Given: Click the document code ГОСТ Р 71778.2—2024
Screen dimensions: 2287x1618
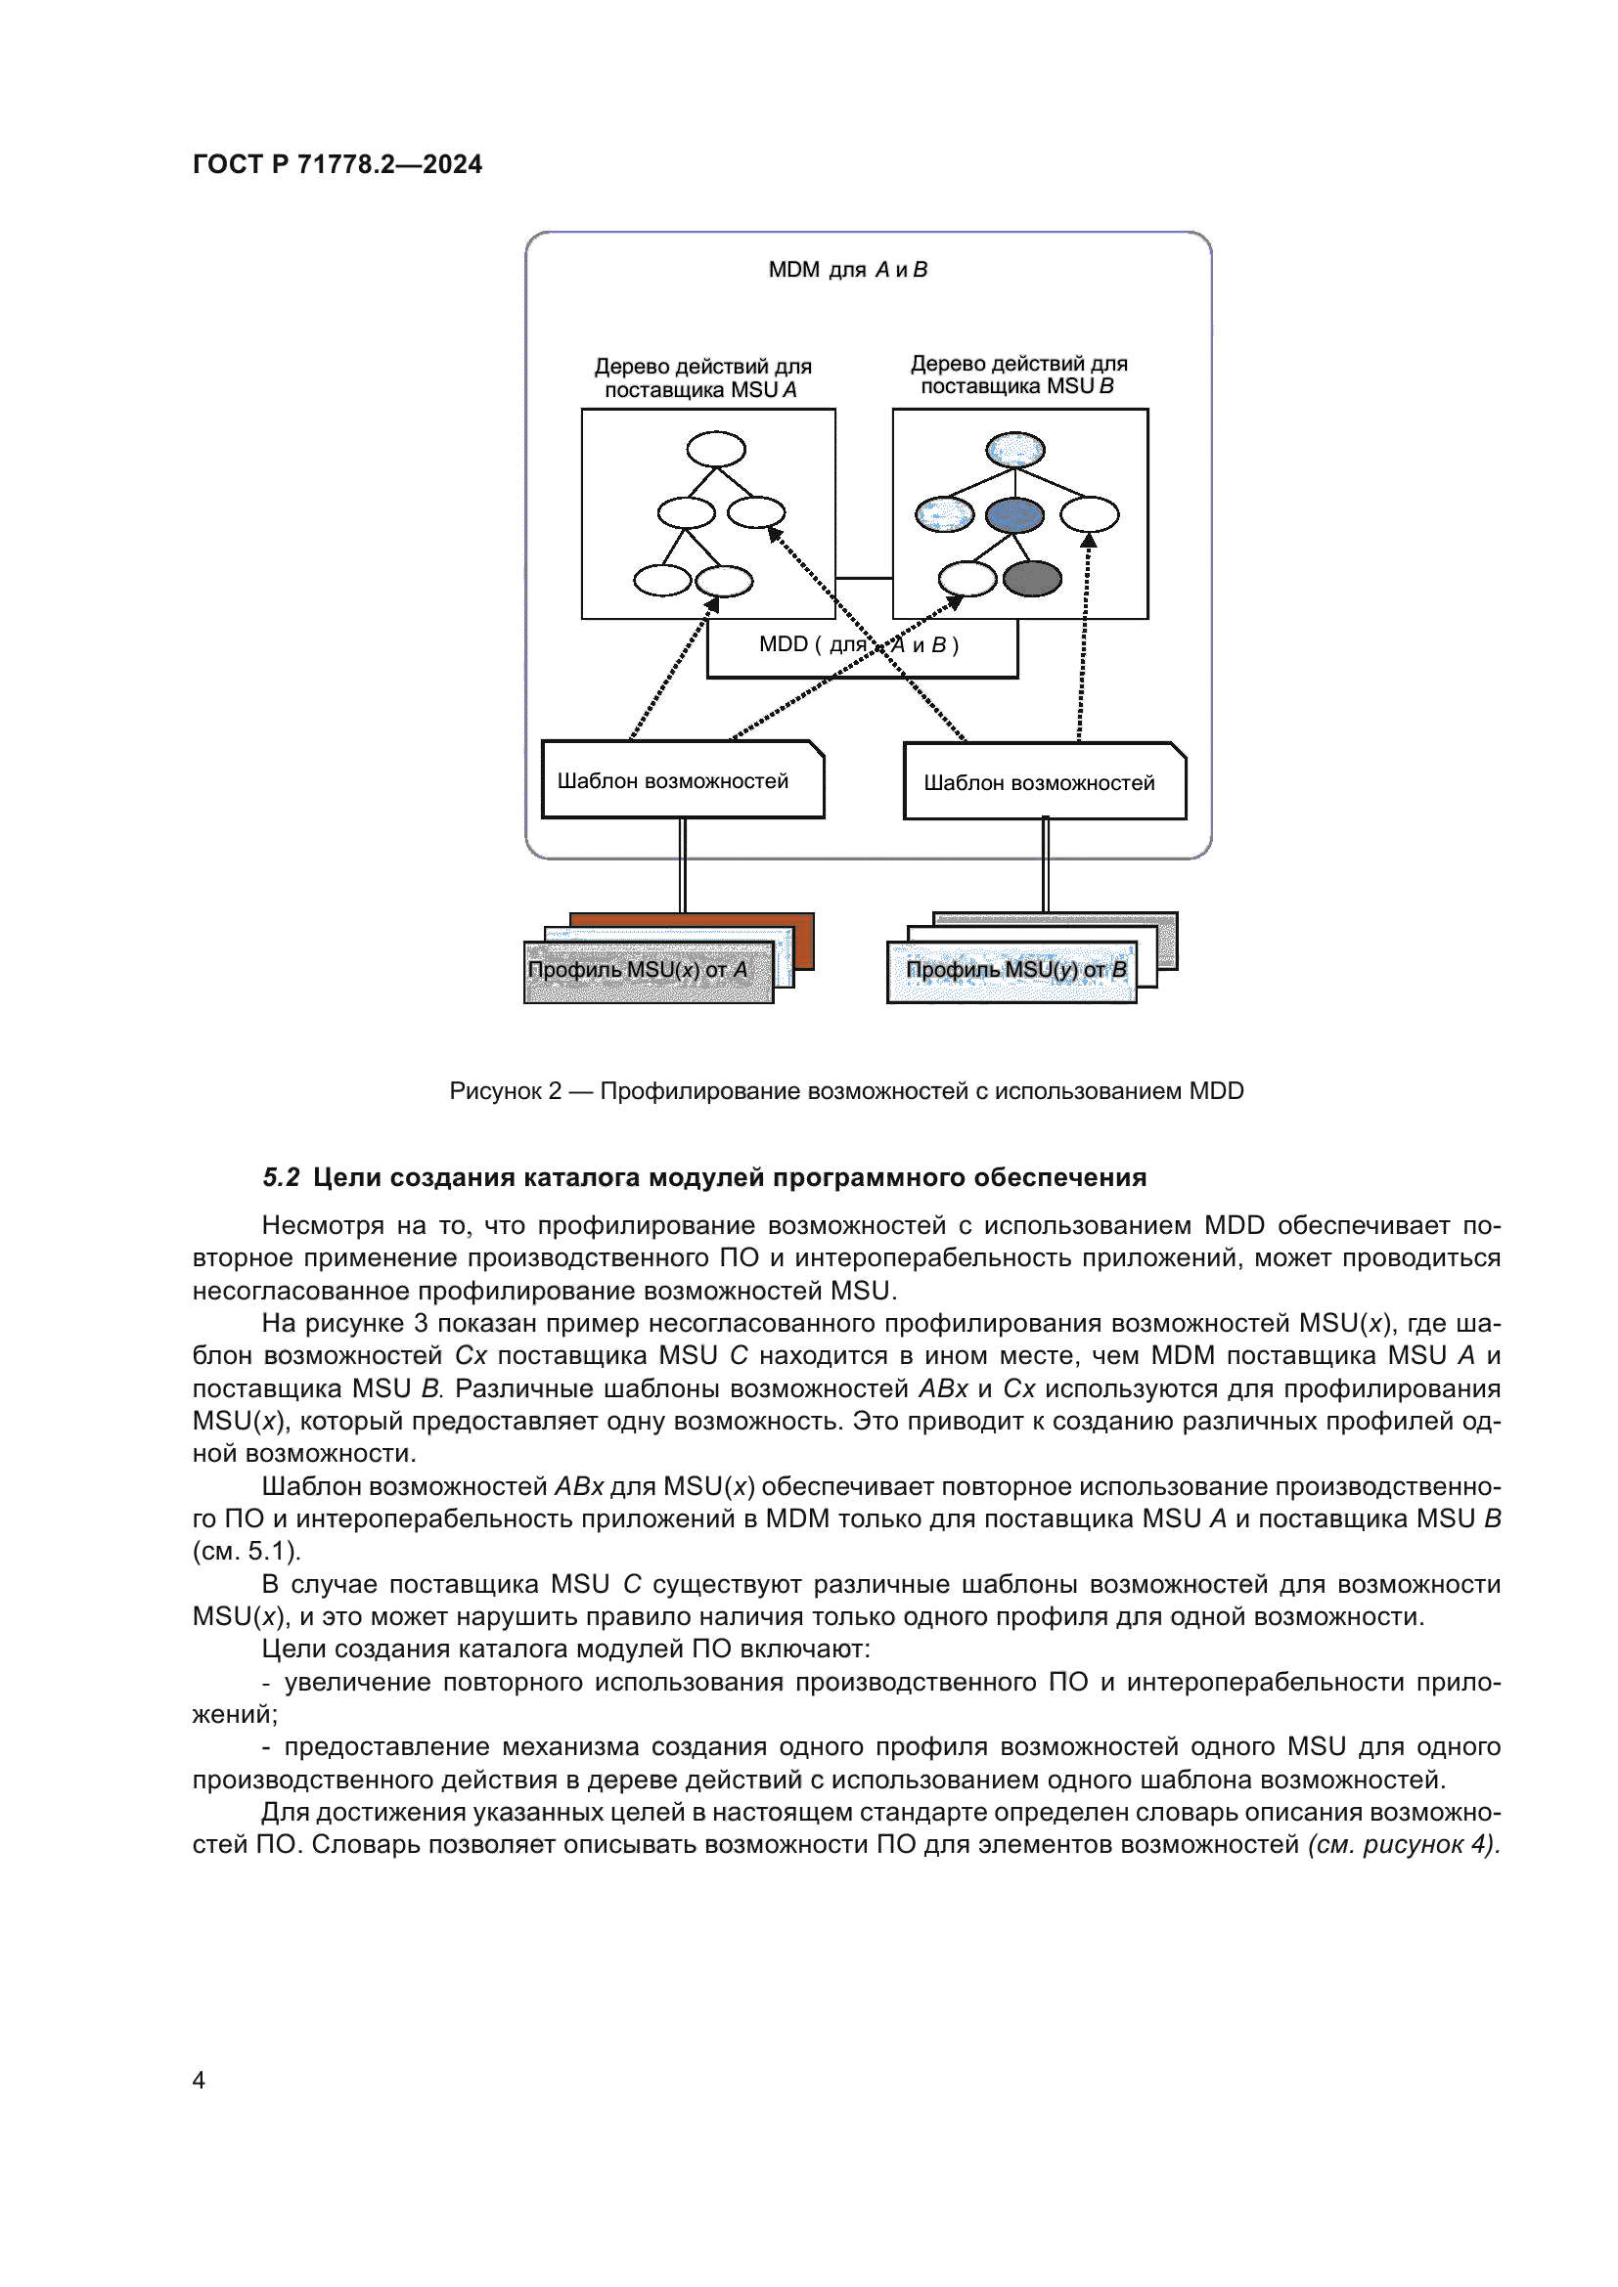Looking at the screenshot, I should pos(337,164).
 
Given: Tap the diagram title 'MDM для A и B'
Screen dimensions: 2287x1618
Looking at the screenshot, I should pos(847,270).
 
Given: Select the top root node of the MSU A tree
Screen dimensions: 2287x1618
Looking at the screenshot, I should pos(715,449).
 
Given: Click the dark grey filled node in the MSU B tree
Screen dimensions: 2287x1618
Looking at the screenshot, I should pos(1032,578).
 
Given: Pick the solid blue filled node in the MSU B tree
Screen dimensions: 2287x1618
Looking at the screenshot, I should pos(1014,515).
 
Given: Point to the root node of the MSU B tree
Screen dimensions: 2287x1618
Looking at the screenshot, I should pos(1015,450).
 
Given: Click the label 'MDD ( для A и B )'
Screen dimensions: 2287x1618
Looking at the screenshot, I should pos(858,644).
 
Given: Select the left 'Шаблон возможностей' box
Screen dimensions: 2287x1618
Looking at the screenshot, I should pos(683,780).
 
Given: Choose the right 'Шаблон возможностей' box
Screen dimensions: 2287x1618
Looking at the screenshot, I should pos(1044,782).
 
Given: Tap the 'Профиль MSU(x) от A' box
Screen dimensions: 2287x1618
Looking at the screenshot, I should pos(648,971).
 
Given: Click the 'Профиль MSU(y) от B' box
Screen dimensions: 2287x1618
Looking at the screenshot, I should pos(1011,971).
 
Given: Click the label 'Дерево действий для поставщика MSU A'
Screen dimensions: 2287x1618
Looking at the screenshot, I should pos(702,377).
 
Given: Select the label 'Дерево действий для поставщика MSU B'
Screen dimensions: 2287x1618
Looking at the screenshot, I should pos(1018,374).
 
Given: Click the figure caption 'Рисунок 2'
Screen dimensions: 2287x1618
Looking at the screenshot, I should pos(505,1091).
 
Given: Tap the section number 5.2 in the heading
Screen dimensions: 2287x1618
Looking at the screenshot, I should pos(281,1177).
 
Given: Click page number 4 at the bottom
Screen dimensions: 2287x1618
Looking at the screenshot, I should pos(200,2080).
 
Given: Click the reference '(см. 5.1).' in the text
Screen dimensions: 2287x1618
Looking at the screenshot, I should pos(247,1551).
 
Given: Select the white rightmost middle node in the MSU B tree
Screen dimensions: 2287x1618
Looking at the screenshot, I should pos(1089,515).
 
